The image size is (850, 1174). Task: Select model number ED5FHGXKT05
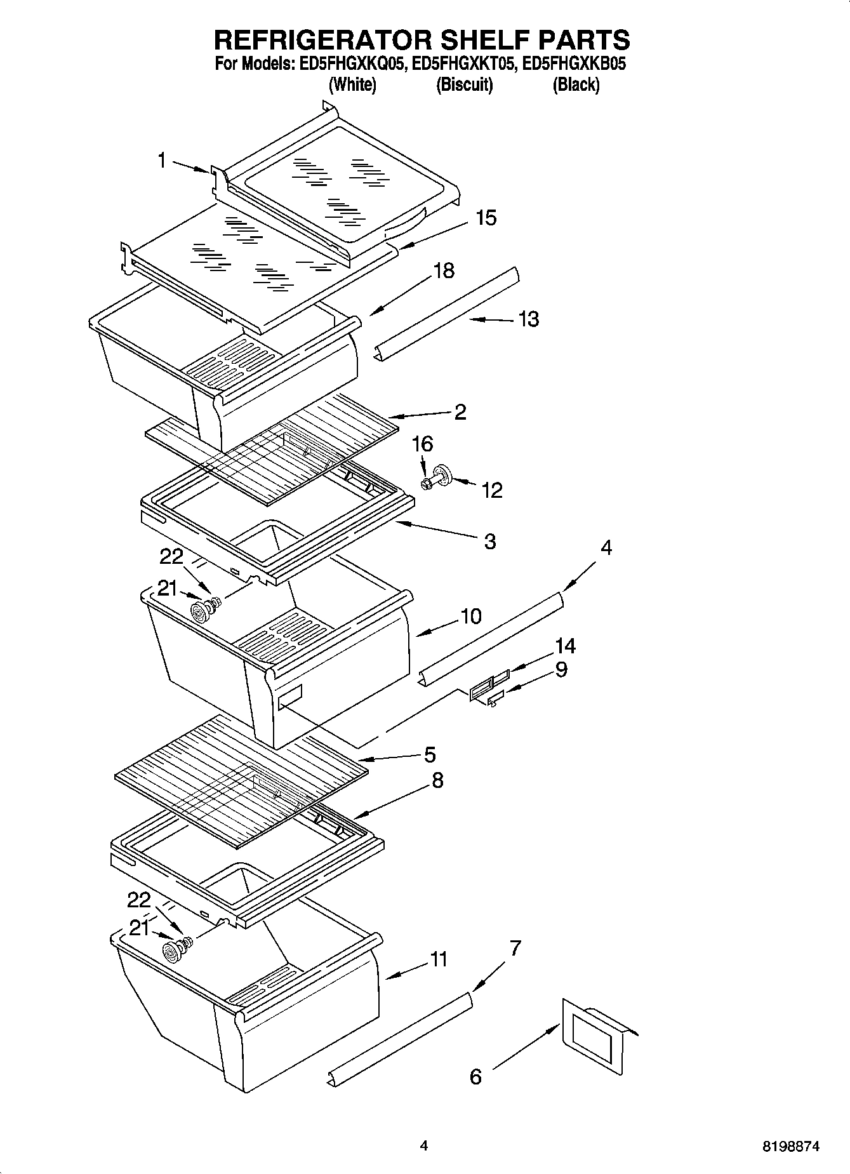[x=463, y=63]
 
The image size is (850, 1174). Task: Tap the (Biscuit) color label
[x=464, y=84]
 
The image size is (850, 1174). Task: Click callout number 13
[x=528, y=319]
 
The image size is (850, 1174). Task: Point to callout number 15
[x=486, y=218]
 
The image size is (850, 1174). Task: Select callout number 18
[x=444, y=270]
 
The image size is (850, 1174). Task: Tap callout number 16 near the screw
[x=422, y=444]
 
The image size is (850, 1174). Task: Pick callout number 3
[x=489, y=542]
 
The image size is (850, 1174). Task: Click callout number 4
[x=606, y=547]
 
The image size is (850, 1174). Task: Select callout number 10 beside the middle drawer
[x=471, y=616]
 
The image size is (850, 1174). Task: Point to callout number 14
[x=565, y=646]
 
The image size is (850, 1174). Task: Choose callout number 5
[x=430, y=754]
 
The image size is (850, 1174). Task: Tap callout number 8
[x=437, y=780]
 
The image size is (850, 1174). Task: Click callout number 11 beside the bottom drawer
[x=439, y=959]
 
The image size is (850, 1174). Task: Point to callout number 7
[x=515, y=949]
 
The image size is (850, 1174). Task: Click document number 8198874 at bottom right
[x=790, y=1147]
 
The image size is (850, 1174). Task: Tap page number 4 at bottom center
[x=423, y=1146]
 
